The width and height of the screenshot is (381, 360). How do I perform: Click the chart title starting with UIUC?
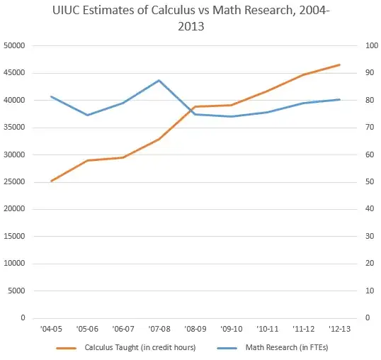pyautogui.click(x=190, y=19)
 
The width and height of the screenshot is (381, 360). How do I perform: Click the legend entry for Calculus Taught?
pyautogui.click(x=135, y=347)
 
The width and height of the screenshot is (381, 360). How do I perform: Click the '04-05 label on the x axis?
pyautogui.click(x=52, y=329)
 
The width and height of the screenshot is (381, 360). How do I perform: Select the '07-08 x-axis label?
pyautogui.click(x=159, y=329)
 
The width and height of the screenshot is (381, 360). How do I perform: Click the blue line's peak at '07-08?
pyautogui.click(x=159, y=80)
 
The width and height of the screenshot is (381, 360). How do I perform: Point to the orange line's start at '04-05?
pyautogui.click(x=52, y=181)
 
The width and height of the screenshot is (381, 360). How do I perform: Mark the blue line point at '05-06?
pyautogui.click(x=88, y=115)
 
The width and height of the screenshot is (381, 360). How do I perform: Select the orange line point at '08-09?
pyautogui.click(x=195, y=106)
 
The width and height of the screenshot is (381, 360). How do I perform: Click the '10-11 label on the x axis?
pyautogui.click(x=267, y=329)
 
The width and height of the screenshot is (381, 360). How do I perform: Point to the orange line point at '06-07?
pyautogui.click(x=124, y=157)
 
